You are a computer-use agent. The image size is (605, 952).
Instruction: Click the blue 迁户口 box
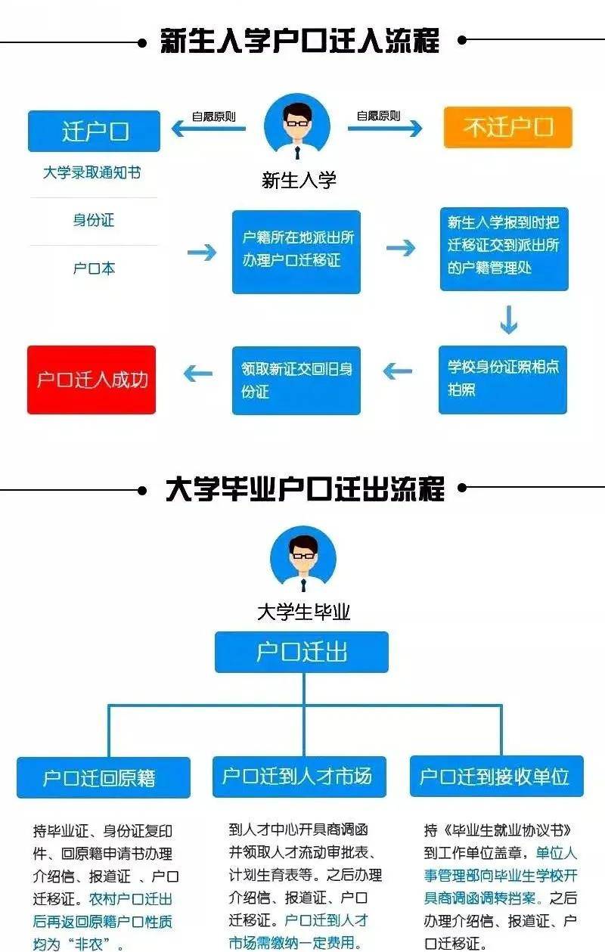pos(94,131)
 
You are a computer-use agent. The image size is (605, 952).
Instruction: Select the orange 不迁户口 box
pos(507,127)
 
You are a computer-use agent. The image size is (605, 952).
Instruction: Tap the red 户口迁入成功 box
pos(92,380)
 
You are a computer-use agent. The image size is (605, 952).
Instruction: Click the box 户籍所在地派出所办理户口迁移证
pos(296,251)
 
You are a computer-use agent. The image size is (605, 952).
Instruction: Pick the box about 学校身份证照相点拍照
pos(503,379)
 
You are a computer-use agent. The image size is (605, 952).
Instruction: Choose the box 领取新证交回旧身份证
pos(296,380)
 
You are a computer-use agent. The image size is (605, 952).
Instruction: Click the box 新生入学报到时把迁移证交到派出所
pos(504,249)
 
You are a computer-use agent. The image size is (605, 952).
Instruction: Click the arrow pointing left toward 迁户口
pos(209,129)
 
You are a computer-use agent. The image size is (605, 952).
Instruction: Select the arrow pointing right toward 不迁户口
pos(385,129)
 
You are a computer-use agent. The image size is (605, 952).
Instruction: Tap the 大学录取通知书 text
pos(92,173)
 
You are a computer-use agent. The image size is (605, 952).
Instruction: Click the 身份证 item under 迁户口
pos(94,221)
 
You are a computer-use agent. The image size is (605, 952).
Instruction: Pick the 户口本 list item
pos(94,268)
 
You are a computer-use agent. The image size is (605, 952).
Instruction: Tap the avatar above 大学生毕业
pos(302,560)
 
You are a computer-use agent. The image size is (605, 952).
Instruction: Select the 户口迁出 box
pos(302,652)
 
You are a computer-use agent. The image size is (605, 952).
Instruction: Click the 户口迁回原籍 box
pos(104,777)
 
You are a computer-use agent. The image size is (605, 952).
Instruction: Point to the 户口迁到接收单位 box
pos(496,776)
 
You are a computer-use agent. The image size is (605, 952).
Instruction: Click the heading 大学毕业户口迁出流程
pos(305,489)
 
